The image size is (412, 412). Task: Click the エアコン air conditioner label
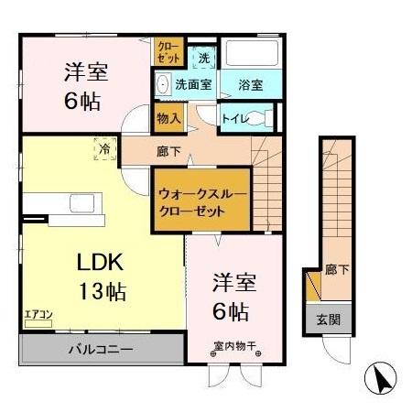(x=38, y=314)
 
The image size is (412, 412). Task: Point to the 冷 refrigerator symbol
(x=105, y=146)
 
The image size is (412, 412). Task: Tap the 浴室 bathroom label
(x=251, y=85)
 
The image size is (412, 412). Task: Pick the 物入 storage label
(x=168, y=117)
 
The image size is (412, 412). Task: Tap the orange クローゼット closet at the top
(x=168, y=51)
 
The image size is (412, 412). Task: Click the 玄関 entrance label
(x=329, y=320)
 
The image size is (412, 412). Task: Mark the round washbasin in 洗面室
(x=163, y=85)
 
